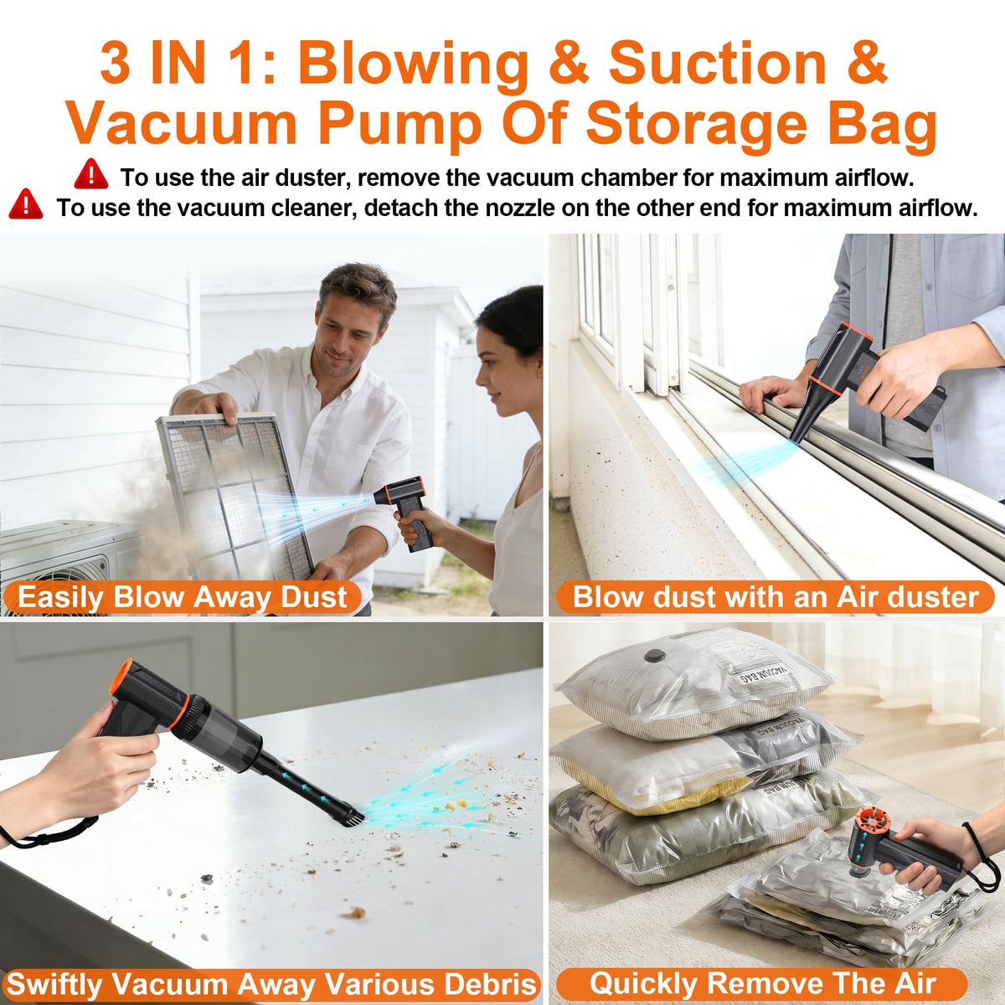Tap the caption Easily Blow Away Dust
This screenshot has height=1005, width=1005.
tap(183, 597)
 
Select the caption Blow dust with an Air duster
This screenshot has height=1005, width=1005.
tap(776, 597)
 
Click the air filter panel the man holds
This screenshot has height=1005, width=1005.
tap(234, 496)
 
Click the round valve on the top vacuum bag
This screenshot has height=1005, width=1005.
tap(652, 656)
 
